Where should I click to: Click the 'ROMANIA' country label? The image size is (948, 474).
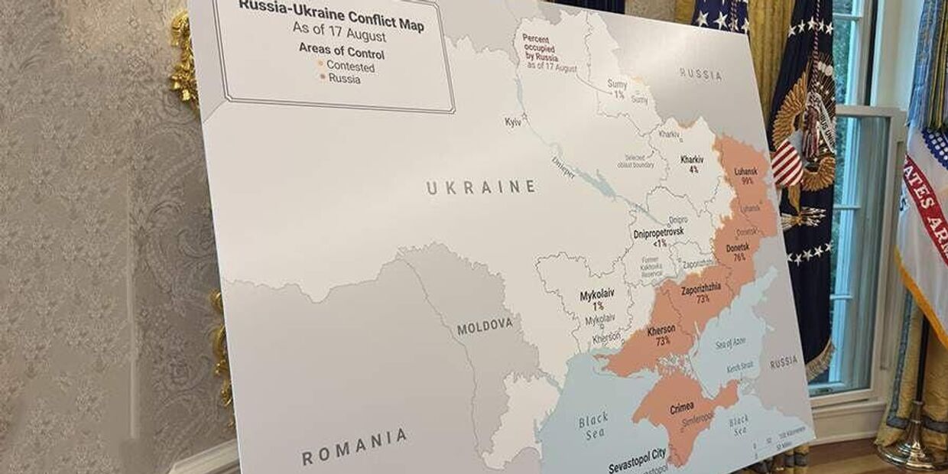click(x=354, y=447)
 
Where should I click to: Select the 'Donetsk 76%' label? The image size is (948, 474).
click(x=737, y=252)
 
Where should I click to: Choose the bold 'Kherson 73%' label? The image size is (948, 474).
click(x=661, y=335)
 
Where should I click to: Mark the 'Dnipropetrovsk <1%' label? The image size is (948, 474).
click(x=658, y=236)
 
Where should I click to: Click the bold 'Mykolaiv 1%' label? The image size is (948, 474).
click(x=596, y=300)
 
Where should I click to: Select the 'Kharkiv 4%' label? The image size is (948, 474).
click(x=692, y=164)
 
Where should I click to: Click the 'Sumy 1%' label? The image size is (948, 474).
click(x=617, y=89)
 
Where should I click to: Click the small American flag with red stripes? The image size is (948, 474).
click(x=787, y=164)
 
